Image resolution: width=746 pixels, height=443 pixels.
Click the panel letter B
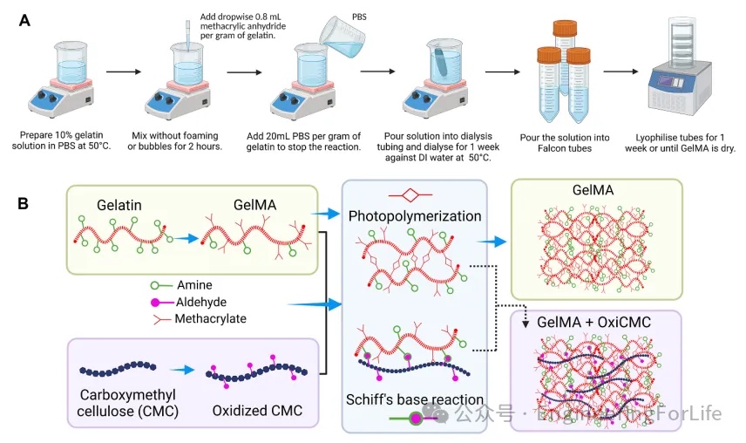(27, 203)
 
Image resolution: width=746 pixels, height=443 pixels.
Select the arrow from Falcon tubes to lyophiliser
(621, 74)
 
